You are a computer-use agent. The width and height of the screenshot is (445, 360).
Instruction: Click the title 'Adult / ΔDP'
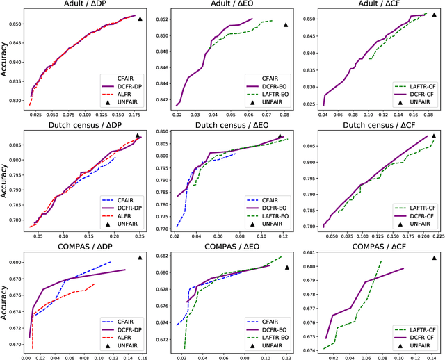[x=83, y=6]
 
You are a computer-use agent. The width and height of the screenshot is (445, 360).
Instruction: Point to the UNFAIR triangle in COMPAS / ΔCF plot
[x=435, y=257]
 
